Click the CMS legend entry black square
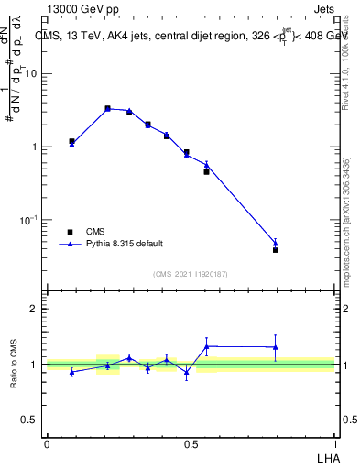pyautogui.click(x=70, y=232)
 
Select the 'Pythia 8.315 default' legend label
pyautogui.click(x=125, y=244)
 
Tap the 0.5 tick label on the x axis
pyautogui.click(x=190, y=443)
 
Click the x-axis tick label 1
pyautogui.click(x=334, y=443)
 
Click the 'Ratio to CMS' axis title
pyautogui.click(x=13, y=365)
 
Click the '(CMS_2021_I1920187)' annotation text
pyautogui.click(x=191, y=274)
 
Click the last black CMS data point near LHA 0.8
pyautogui.click(x=276, y=249)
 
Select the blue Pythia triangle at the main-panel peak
pyautogui.click(x=107, y=108)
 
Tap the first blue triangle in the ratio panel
pyautogui.click(x=71, y=372)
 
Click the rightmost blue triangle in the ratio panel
pyautogui.click(x=276, y=346)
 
